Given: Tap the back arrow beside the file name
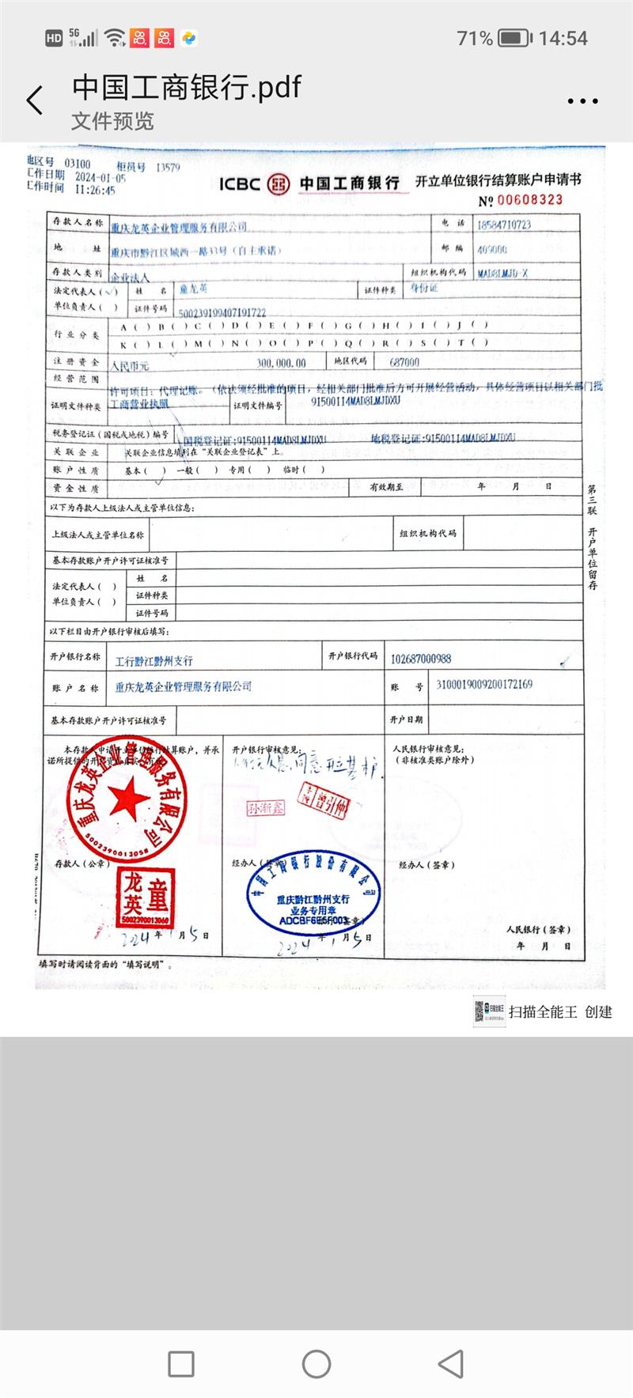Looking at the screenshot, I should (35, 100).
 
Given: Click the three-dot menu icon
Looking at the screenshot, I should (582, 101).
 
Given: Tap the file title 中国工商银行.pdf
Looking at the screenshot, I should (187, 87).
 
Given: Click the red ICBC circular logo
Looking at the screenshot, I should (279, 183).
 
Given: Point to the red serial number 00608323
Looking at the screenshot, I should (529, 200).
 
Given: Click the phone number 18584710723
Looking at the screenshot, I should (504, 225).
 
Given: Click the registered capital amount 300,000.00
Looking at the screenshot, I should (281, 363).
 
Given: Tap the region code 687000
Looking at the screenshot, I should (404, 362).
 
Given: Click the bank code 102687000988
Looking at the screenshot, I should (421, 659).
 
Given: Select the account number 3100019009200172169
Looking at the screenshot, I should (484, 684).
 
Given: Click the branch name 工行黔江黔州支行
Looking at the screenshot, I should (154, 660).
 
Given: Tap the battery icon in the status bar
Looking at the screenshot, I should (514, 38).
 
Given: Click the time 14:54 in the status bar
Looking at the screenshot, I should (563, 38).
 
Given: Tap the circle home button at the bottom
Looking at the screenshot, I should (316, 1364).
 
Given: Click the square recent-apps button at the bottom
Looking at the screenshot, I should (181, 1364).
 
